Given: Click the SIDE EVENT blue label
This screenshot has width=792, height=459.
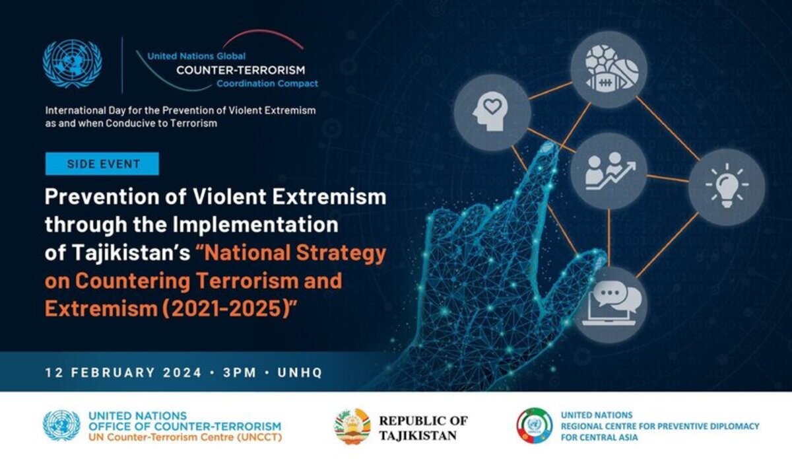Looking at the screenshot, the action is click(x=102, y=164).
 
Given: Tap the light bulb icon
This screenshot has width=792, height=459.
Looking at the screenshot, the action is click(x=727, y=185).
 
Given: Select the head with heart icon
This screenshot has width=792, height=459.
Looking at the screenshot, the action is click(x=492, y=112).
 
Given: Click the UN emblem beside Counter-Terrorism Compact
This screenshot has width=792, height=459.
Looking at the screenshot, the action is click(x=72, y=63).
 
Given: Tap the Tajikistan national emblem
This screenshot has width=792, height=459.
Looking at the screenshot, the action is click(x=352, y=426).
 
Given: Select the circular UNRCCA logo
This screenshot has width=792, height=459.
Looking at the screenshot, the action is click(x=534, y=425).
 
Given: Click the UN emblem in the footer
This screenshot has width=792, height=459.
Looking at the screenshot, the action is click(x=61, y=425).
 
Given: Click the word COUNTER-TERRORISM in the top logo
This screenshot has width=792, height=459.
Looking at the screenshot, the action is click(x=240, y=70).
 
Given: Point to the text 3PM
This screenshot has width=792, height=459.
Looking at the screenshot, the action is click(x=240, y=372).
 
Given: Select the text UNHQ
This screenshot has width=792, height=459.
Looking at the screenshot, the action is click(x=300, y=372).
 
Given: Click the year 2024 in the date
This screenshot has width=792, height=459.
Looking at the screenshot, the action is click(x=182, y=372).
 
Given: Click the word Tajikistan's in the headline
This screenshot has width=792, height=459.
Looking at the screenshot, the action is click(x=131, y=253).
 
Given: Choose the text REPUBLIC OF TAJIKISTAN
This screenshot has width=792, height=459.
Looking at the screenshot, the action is click(x=423, y=428).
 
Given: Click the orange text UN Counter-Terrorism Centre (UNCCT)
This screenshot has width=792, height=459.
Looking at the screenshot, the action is click(x=185, y=437).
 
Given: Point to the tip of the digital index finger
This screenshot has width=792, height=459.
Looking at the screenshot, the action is click(x=549, y=145).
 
